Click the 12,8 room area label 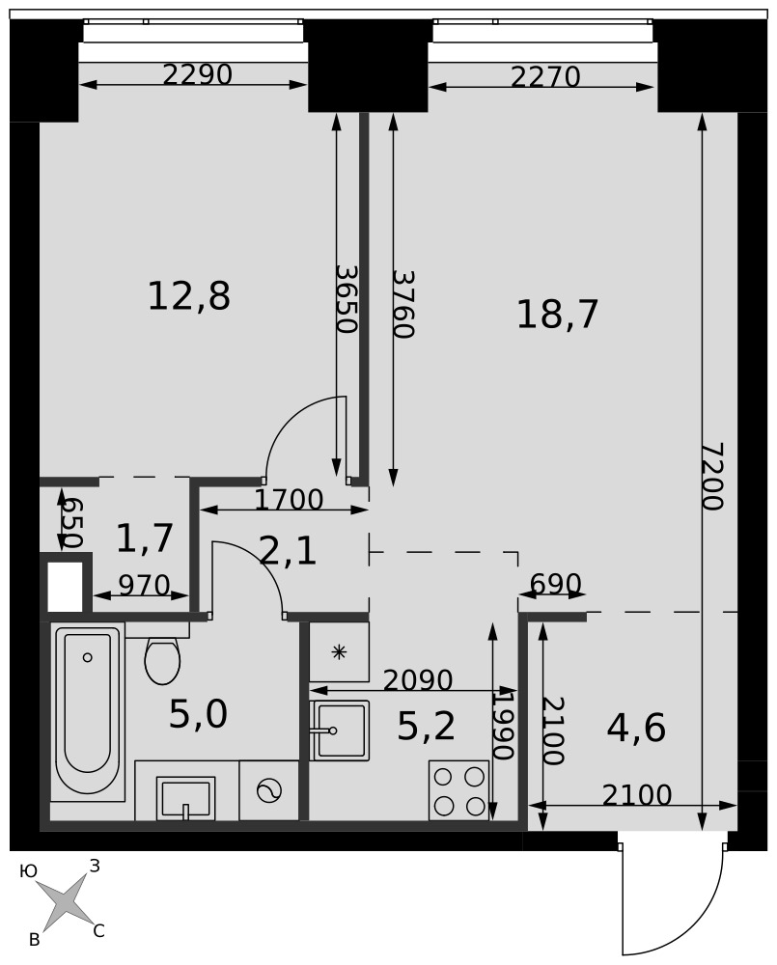click(x=189, y=296)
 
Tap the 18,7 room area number click(x=557, y=315)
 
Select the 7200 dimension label click(x=713, y=477)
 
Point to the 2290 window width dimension click(x=198, y=74)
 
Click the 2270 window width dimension click(x=545, y=77)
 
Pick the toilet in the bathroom click(x=162, y=659)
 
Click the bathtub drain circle click(x=88, y=657)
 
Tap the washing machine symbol click(x=268, y=791)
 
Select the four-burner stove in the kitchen click(x=458, y=789)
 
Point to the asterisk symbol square click(x=339, y=651)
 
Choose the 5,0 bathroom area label click(x=198, y=714)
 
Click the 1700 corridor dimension click(x=289, y=500)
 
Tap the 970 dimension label click(x=144, y=586)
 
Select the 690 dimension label click(x=555, y=583)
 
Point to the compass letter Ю click(x=28, y=870)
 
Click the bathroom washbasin click(x=185, y=798)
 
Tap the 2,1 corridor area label click(x=289, y=551)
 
